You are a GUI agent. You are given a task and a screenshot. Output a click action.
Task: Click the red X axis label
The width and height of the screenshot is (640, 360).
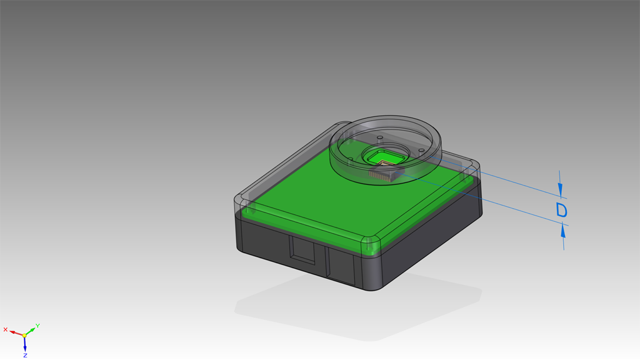[x=5, y=329]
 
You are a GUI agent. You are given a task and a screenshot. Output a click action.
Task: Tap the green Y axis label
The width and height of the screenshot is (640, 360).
[x=37, y=326]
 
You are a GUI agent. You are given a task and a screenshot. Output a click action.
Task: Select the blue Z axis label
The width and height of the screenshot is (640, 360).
[x=25, y=356]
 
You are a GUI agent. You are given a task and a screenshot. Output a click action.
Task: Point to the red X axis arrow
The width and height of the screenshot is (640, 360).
[x=16, y=333]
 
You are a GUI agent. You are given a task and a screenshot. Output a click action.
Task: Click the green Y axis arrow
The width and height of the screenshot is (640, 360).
[x=30, y=331]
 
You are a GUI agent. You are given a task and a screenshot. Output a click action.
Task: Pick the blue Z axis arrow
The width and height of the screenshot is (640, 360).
[x=25, y=344]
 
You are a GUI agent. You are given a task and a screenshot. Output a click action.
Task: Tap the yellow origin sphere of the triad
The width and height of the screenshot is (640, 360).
[x=24, y=336]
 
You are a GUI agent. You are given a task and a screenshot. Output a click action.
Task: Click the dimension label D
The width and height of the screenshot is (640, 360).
[x=562, y=210]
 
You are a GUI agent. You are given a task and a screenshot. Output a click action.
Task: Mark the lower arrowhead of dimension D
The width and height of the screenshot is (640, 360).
[x=563, y=230]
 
